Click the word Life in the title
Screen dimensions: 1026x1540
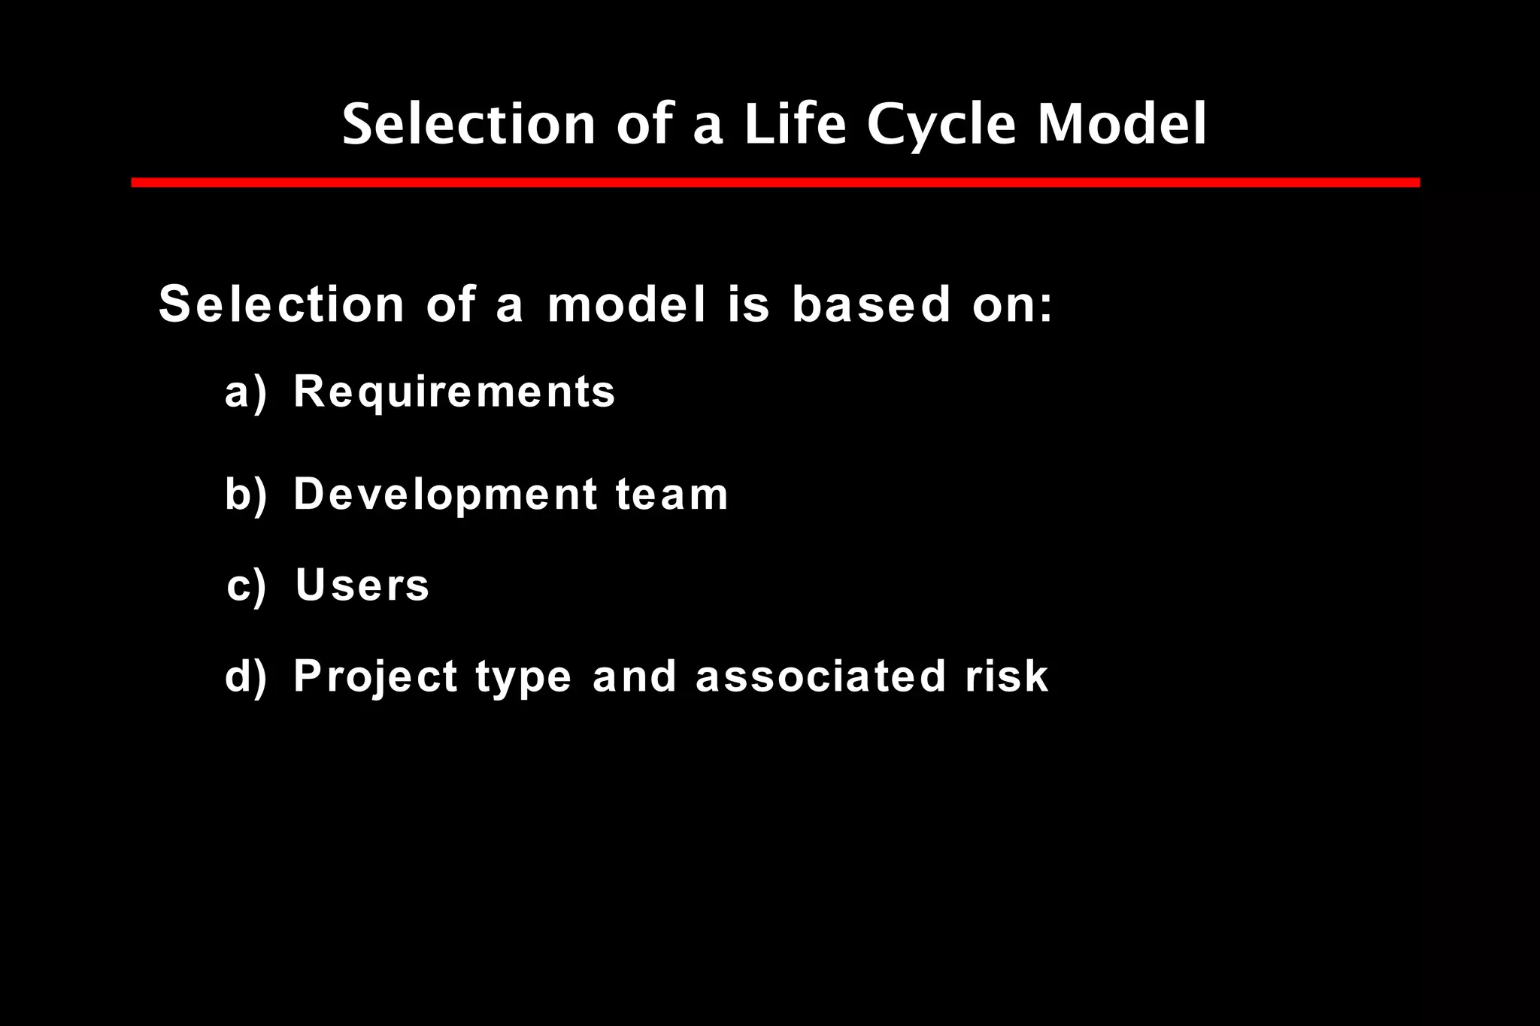click(x=794, y=124)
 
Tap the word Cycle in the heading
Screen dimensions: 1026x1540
click(x=941, y=124)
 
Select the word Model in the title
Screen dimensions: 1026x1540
click(x=1122, y=124)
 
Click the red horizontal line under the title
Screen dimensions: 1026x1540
click(x=775, y=183)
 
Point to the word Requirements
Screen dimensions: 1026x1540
click(x=454, y=392)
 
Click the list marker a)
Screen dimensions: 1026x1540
click(x=246, y=392)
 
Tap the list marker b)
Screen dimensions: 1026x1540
click(x=246, y=495)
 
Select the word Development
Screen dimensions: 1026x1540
click(x=445, y=495)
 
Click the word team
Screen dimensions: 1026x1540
click(x=671, y=495)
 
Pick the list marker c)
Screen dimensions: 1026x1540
click(x=246, y=586)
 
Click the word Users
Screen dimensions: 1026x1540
click(x=362, y=586)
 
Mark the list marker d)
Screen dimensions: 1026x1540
click(x=246, y=676)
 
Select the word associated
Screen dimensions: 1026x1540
click(x=820, y=676)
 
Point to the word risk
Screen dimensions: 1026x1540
click(x=1007, y=676)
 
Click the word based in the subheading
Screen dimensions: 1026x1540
click(x=871, y=304)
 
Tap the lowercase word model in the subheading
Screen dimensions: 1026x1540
click(x=627, y=304)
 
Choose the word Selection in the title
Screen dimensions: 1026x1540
click(x=469, y=124)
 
